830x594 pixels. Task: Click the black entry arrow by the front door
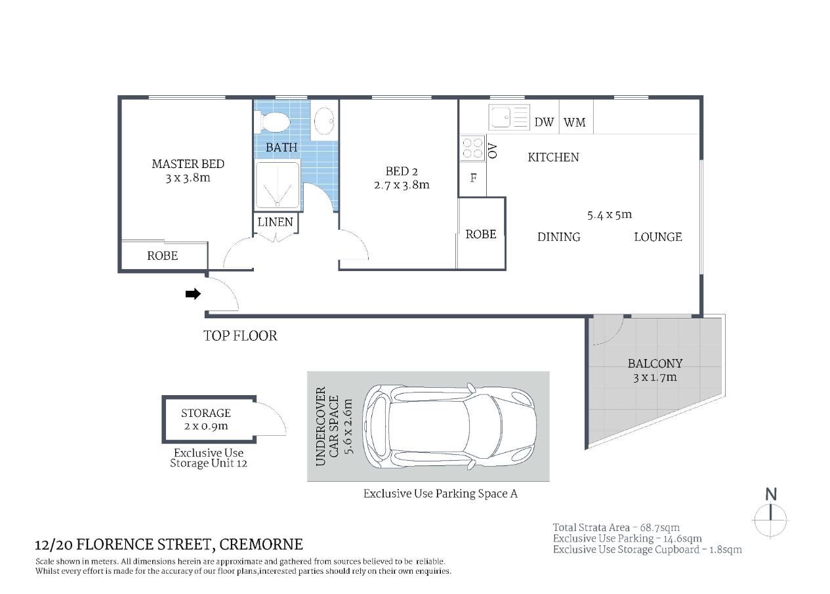coord(192,295)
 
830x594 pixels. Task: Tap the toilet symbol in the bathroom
coord(274,122)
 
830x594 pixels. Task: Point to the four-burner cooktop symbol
coord(472,148)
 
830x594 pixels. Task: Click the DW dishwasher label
coord(544,122)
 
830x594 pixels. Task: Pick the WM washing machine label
coord(575,122)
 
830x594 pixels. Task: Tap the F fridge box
coord(472,179)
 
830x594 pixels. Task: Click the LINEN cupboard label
coord(275,222)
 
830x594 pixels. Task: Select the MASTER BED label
coord(188,164)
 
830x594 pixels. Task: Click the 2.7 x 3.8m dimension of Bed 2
coord(402,185)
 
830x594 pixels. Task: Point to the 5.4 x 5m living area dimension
coord(609,215)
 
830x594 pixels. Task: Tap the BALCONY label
coord(655,363)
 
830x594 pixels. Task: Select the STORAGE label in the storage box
coord(206,413)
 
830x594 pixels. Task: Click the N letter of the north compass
coord(772,494)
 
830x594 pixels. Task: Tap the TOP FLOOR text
coord(240,336)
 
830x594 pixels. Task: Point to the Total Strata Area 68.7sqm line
coord(616,527)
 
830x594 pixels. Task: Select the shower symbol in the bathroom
coord(277,186)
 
